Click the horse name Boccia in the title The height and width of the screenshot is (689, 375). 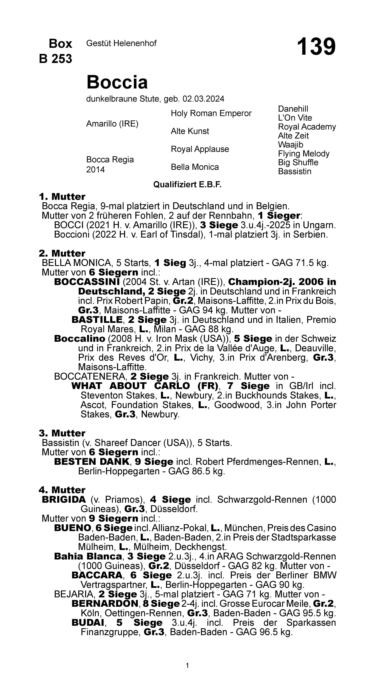click(x=117, y=82)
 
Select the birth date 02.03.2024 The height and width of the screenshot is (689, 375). click(x=203, y=99)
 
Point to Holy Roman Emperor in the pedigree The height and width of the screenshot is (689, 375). click(x=211, y=113)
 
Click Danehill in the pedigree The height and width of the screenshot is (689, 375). click(x=293, y=109)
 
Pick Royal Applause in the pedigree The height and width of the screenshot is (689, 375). click(x=200, y=149)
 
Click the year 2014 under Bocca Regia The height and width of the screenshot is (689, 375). click(x=95, y=170)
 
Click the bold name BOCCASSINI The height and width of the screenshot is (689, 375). click(x=87, y=282)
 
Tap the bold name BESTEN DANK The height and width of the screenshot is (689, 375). click(x=92, y=462)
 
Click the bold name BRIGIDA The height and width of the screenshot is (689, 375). click(x=64, y=499)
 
